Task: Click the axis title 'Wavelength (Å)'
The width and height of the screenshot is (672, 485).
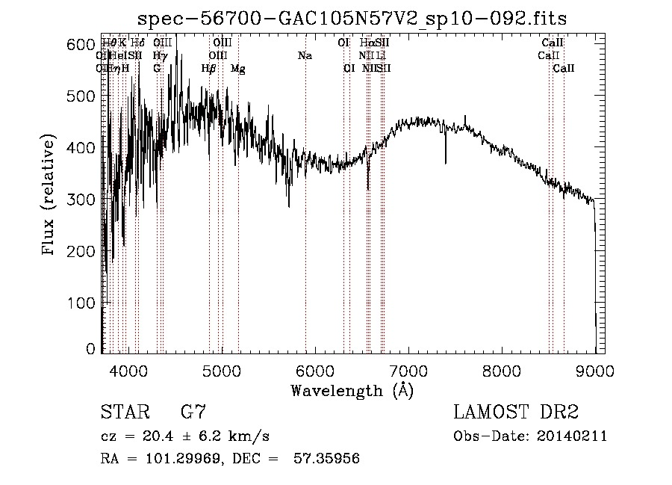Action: (x=352, y=390)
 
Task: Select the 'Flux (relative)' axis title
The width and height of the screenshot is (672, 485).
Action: (x=50, y=197)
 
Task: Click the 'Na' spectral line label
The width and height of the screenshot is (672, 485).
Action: (x=305, y=56)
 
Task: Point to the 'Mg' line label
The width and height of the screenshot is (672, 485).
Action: (x=238, y=69)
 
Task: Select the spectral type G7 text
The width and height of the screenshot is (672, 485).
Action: (x=193, y=412)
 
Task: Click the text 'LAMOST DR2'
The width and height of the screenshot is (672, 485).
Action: (x=516, y=412)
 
